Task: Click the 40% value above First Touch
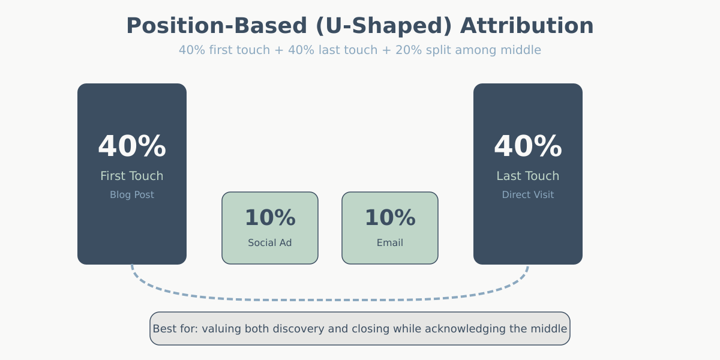132,147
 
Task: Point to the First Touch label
132,176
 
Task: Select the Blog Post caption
132,195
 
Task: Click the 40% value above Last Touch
528,147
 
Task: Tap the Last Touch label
528,176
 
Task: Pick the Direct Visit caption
528,195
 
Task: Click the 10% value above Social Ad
270,218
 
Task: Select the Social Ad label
270,243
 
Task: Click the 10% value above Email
390,218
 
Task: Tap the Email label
390,243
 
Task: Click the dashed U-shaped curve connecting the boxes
330,299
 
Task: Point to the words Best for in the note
175,329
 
